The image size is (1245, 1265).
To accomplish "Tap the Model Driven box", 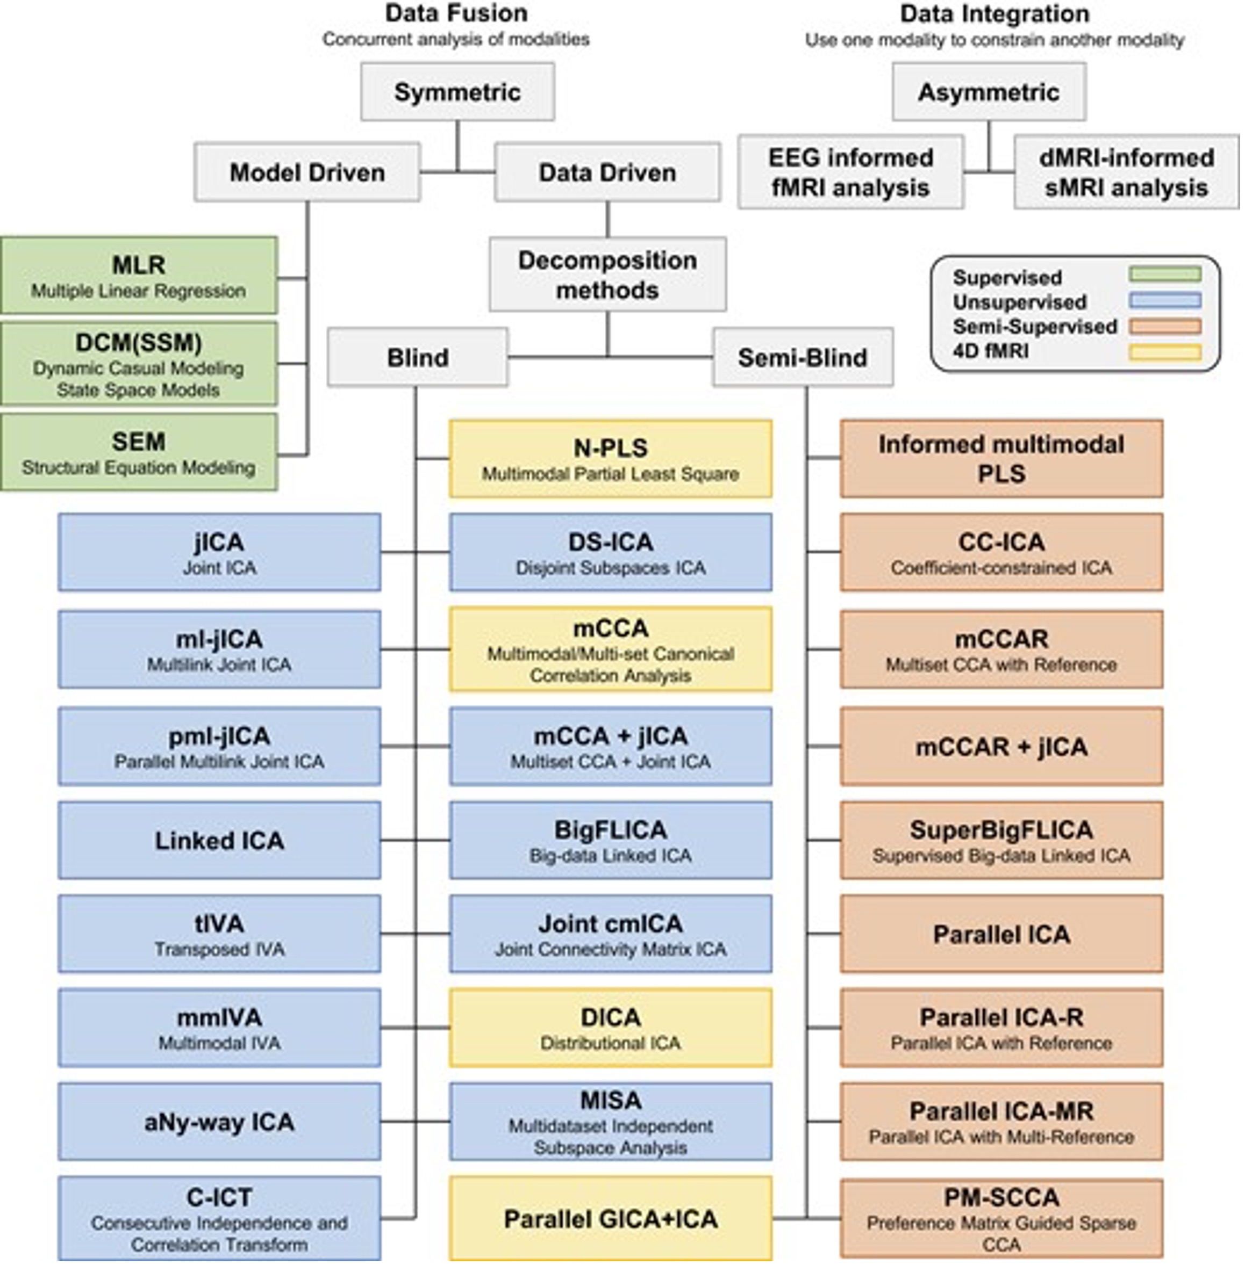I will coord(306,172).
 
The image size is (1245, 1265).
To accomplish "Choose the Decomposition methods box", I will coord(607,274).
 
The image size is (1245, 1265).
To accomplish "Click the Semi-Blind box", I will coord(803,357).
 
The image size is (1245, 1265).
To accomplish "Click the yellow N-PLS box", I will coord(610,459).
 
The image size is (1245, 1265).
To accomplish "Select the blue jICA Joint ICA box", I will coord(219,552).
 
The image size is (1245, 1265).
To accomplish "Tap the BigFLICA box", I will coord(610,840).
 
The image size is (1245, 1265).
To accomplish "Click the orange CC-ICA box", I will coord(1001,552).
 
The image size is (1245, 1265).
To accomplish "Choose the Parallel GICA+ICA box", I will coord(610,1219).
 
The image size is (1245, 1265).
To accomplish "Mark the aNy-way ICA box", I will coord(219,1122).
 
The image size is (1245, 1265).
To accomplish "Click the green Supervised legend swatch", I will coord(1164,274).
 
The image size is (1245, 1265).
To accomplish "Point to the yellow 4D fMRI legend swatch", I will coord(1164,353).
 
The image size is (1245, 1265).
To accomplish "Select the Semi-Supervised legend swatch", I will coord(1164,327).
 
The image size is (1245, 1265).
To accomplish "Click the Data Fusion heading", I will coord(456,13).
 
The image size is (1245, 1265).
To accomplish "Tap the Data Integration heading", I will coord(994,13).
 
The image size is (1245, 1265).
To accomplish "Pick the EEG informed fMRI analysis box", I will coord(851,172).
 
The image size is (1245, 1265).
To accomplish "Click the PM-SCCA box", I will coord(1001,1219).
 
